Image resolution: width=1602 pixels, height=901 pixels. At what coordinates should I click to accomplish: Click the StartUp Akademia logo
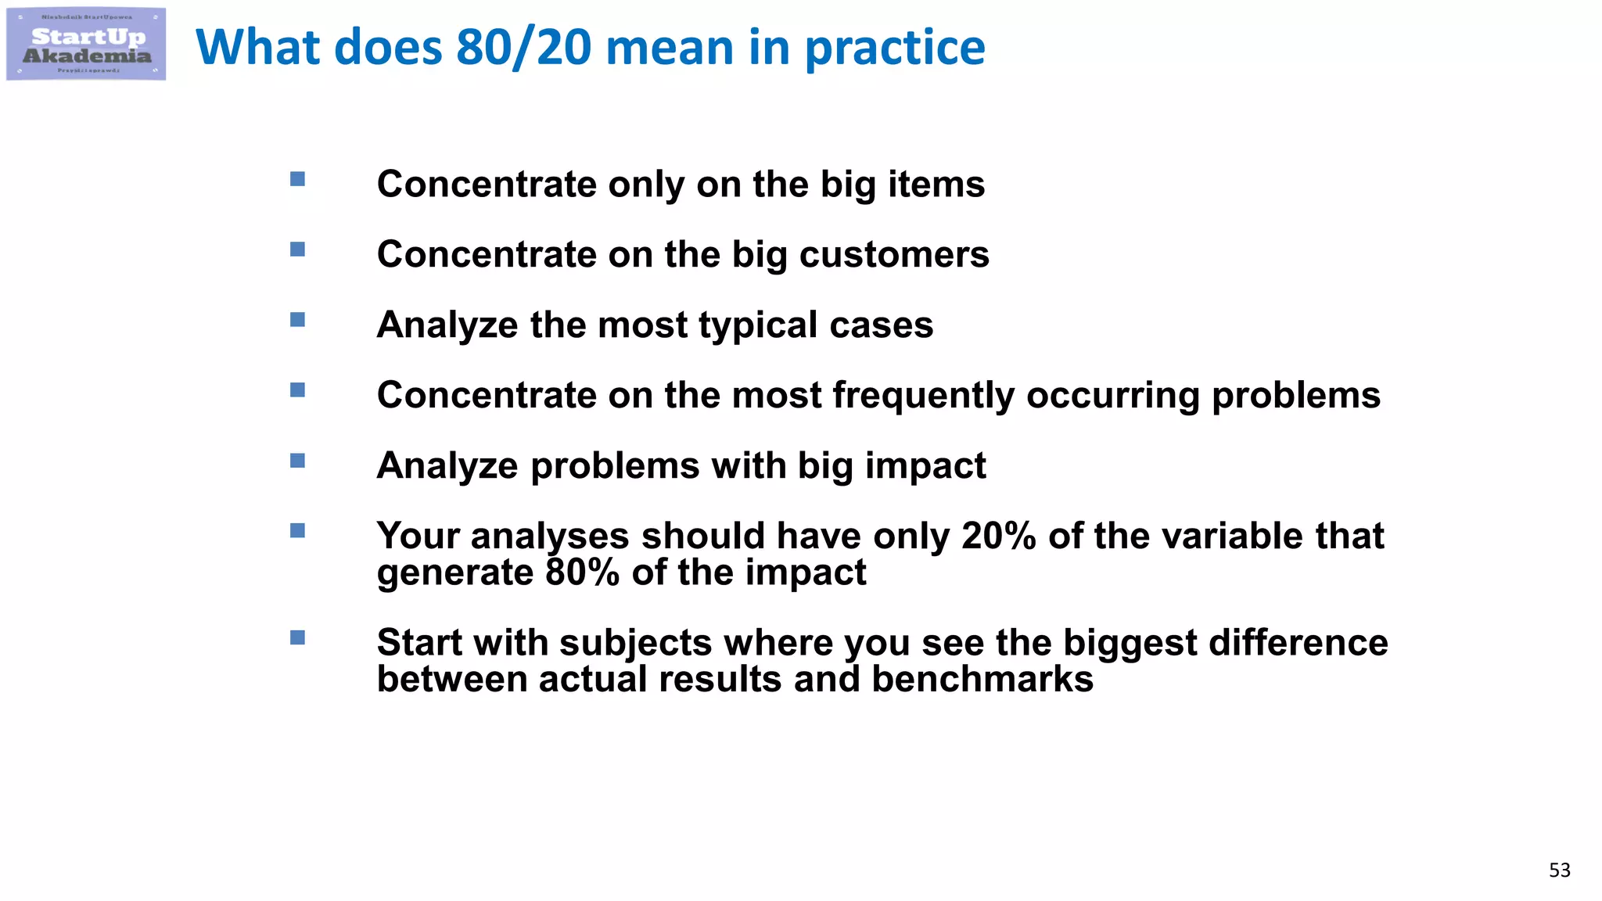[x=86, y=45]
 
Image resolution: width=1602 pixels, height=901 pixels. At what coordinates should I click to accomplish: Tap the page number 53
[x=1559, y=870]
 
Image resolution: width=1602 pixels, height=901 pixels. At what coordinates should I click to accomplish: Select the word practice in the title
[x=895, y=48]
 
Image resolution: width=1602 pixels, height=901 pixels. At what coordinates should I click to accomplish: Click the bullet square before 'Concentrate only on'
[x=297, y=179]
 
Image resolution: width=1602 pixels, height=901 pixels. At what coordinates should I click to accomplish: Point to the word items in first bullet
[x=936, y=185]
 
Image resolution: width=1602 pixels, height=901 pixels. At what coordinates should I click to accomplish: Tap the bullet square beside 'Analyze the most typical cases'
[x=297, y=320]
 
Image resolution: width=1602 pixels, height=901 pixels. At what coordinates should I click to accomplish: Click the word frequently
[x=923, y=396]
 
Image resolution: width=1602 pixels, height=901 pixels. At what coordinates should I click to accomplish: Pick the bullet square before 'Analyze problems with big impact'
[x=297, y=461]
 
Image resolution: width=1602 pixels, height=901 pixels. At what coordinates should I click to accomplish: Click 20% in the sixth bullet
[x=999, y=537]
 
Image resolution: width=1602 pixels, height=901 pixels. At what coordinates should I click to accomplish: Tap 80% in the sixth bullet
[x=582, y=573]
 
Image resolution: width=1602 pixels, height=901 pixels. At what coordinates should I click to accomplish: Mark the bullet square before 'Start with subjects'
[x=297, y=637]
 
